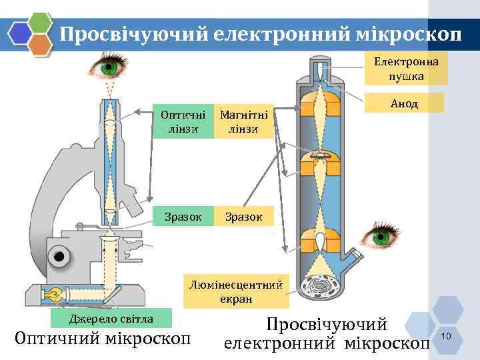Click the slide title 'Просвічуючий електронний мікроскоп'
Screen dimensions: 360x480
260,35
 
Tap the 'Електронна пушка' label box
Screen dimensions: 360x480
405,69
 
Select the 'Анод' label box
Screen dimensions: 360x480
404,103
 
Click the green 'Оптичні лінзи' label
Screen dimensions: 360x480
179,121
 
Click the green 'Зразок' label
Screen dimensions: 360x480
179,216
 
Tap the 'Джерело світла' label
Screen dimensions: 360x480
112,318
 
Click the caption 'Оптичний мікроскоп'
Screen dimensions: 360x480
102,339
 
